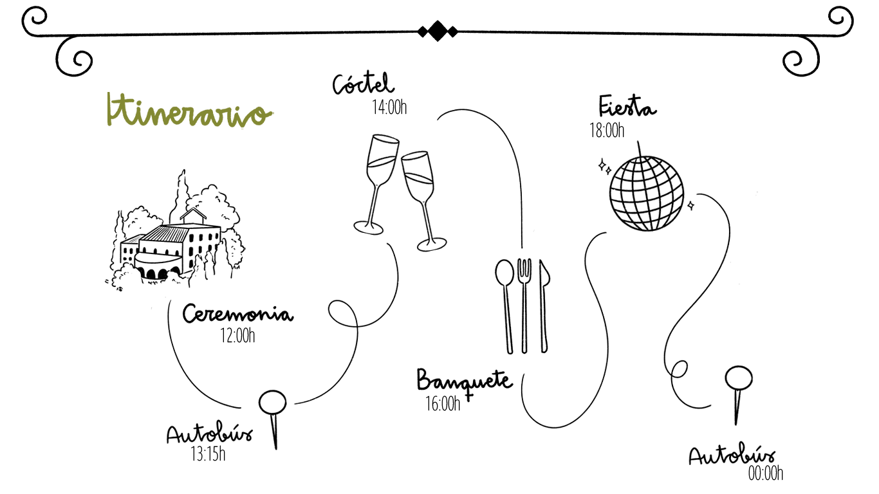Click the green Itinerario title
pos(188,112)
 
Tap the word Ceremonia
pos(237,315)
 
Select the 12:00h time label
pos(237,336)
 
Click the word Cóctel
pos(364,84)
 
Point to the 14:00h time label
pos(389,107)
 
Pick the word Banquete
pos(464,380)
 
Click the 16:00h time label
pos(443,404)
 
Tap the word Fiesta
pos(627,106)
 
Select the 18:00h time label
pos(607,131)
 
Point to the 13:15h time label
pos(208,455)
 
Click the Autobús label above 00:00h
pos(732,455)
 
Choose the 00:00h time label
pos(766,474)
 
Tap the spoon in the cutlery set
pos(506,302)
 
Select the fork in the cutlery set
pos(525,302)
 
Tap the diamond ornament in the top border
pos(438,30)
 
